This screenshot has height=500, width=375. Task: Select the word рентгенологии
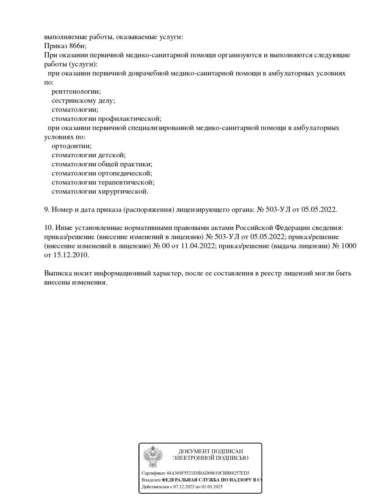click(76, 92)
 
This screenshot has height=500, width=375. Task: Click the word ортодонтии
click(71, 146)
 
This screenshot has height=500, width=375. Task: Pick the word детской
click(112, 155)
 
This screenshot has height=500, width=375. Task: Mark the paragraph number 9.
click(47, 210)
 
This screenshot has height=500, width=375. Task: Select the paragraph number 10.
click(48, 228)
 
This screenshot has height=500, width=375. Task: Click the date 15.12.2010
click(71, 255)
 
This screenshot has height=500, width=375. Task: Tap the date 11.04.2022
click(198, 246)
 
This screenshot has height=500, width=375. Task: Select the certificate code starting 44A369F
click(208, 473)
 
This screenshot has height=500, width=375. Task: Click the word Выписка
click(57, 273)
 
